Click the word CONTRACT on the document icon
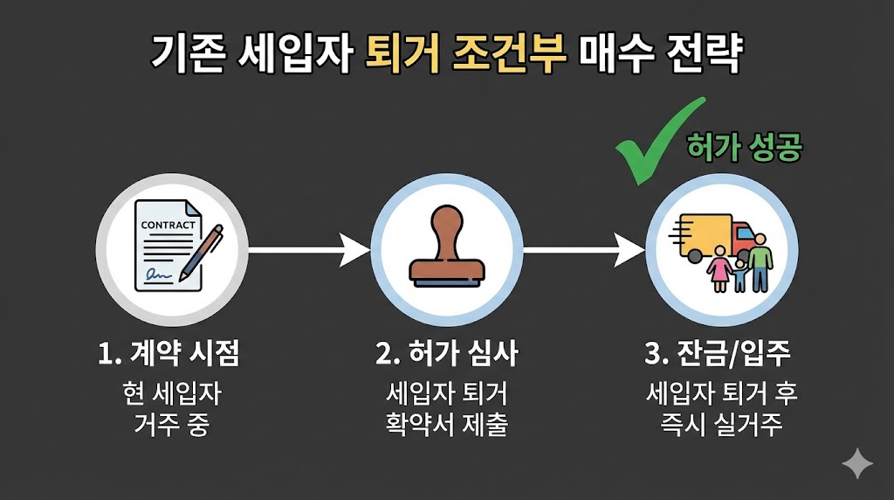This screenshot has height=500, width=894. point(168,226)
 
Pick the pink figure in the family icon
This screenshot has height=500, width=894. point(720,267)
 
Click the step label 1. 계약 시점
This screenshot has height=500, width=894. point(168,354)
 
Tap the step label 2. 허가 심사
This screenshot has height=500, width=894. point(447,354)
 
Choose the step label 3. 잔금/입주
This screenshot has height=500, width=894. point(720,354)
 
